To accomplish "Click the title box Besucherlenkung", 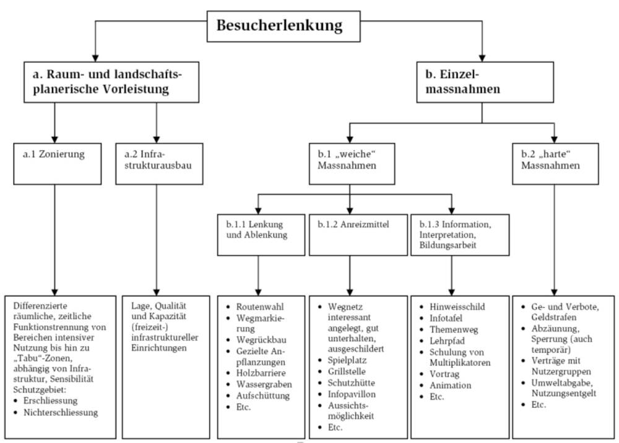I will [279, 26].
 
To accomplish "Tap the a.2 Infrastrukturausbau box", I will [158, 163].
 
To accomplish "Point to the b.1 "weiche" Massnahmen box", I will [350, 163].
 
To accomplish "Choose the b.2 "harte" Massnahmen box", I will [555, 163].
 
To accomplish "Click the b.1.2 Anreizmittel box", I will [350, 234].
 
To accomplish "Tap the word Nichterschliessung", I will [61, 412].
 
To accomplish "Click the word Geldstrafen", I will [553, 317].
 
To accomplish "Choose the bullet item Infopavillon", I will [352, 393].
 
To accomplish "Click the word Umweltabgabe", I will [561, 382].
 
